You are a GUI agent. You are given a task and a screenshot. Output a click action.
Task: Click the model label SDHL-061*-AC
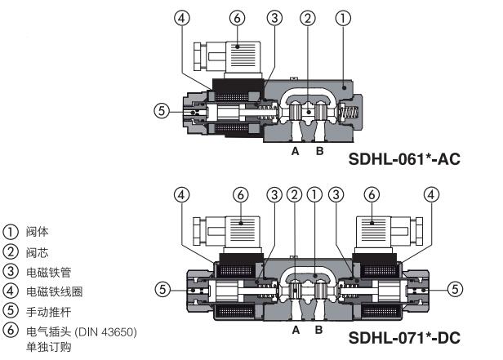404,159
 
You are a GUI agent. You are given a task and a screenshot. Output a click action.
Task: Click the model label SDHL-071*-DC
404,338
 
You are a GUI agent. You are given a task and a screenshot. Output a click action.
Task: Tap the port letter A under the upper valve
296,151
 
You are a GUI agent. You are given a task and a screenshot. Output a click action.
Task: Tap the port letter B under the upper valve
319,151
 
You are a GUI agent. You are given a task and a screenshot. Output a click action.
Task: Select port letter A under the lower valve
296,330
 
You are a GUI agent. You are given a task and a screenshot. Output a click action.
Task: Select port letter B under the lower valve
318,330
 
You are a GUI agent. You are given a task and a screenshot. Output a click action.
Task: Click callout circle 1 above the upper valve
343,18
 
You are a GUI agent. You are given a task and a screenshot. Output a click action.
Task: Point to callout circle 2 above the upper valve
308,18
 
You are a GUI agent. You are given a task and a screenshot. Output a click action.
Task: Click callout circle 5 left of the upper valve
162,111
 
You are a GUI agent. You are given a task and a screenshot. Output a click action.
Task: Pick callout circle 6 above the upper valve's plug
237,18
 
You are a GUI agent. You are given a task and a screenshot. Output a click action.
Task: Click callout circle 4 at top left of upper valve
182,18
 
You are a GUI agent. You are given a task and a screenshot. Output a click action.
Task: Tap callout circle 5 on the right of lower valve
455,289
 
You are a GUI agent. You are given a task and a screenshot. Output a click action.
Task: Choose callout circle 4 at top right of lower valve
431,194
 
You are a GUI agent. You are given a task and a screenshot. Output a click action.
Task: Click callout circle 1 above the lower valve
314,194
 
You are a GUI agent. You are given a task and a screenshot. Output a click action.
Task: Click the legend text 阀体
38,232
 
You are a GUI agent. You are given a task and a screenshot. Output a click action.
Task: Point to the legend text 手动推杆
49,312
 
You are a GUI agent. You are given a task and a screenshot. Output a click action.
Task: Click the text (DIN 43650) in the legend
106,331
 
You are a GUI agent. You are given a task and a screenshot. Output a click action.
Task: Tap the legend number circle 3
11,272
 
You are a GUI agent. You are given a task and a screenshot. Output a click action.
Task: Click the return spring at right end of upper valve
349,113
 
